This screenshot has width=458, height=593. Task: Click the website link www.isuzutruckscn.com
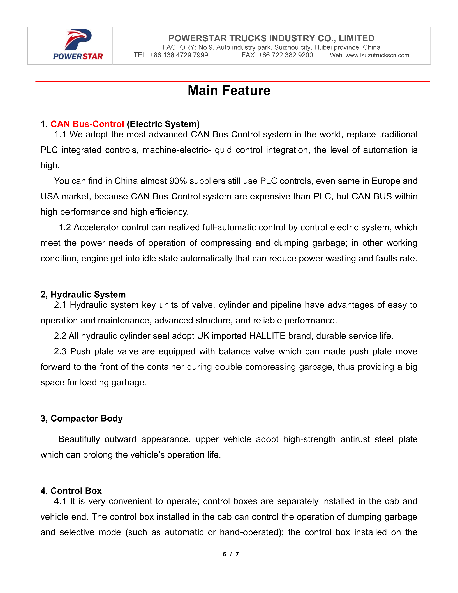click(x=377, y=55)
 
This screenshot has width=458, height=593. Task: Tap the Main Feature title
click(x=229, y=91)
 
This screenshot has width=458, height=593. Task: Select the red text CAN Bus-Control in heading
click(x=87, y=124)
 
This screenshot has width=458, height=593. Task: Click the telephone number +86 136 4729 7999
click(x=179, y=55)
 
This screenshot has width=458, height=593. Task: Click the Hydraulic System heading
click(x=83, y=295)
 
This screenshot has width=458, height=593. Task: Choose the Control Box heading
click(x=71, y=491)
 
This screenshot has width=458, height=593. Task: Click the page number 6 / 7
click(x=231, y=554)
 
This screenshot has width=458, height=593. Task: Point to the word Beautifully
click(x=79, y=439)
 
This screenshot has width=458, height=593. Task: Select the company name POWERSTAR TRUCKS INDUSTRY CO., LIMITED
click(x=271, y=38)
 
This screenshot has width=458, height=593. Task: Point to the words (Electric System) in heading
click(x=163, y=124)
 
